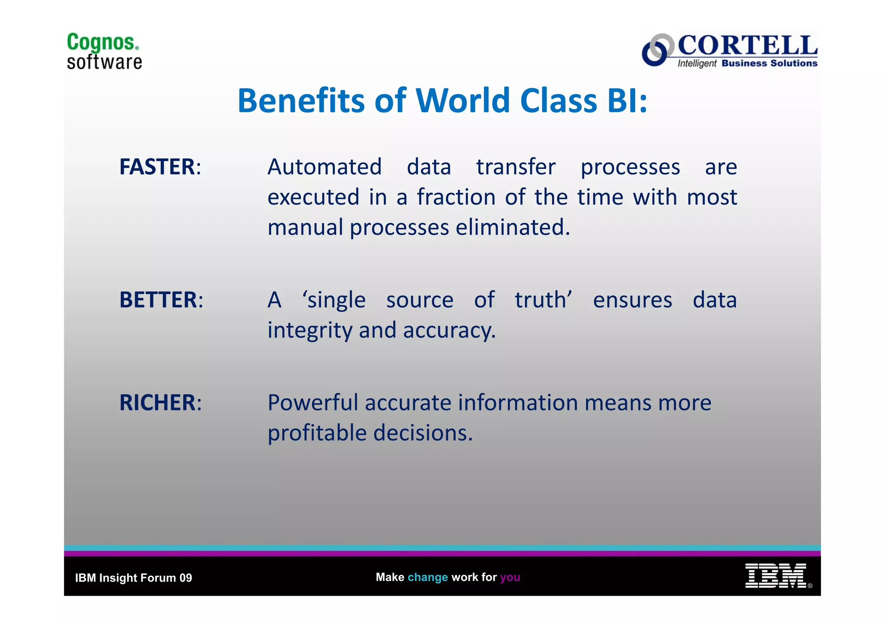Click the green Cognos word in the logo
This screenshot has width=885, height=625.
(102, 43)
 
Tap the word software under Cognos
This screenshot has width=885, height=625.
(104, 62)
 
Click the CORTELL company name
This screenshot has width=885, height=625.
(747, 45)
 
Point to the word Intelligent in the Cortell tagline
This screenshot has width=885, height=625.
(697, 63)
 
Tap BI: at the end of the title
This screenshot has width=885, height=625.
(627, 101)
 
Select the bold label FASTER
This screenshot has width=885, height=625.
(157, 167)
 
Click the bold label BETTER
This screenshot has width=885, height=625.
(158, 300)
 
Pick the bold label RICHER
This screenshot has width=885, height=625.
(157, 403)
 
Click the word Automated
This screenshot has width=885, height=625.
(325, 167)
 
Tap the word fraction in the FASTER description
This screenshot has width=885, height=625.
(456, 197)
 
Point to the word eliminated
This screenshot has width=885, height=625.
(513, 227)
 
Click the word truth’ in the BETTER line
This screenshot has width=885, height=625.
(543, 300)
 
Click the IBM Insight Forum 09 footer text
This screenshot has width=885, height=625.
(134, 578)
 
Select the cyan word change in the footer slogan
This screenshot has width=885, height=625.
(427, 577)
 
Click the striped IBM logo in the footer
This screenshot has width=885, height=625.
(775, 576)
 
